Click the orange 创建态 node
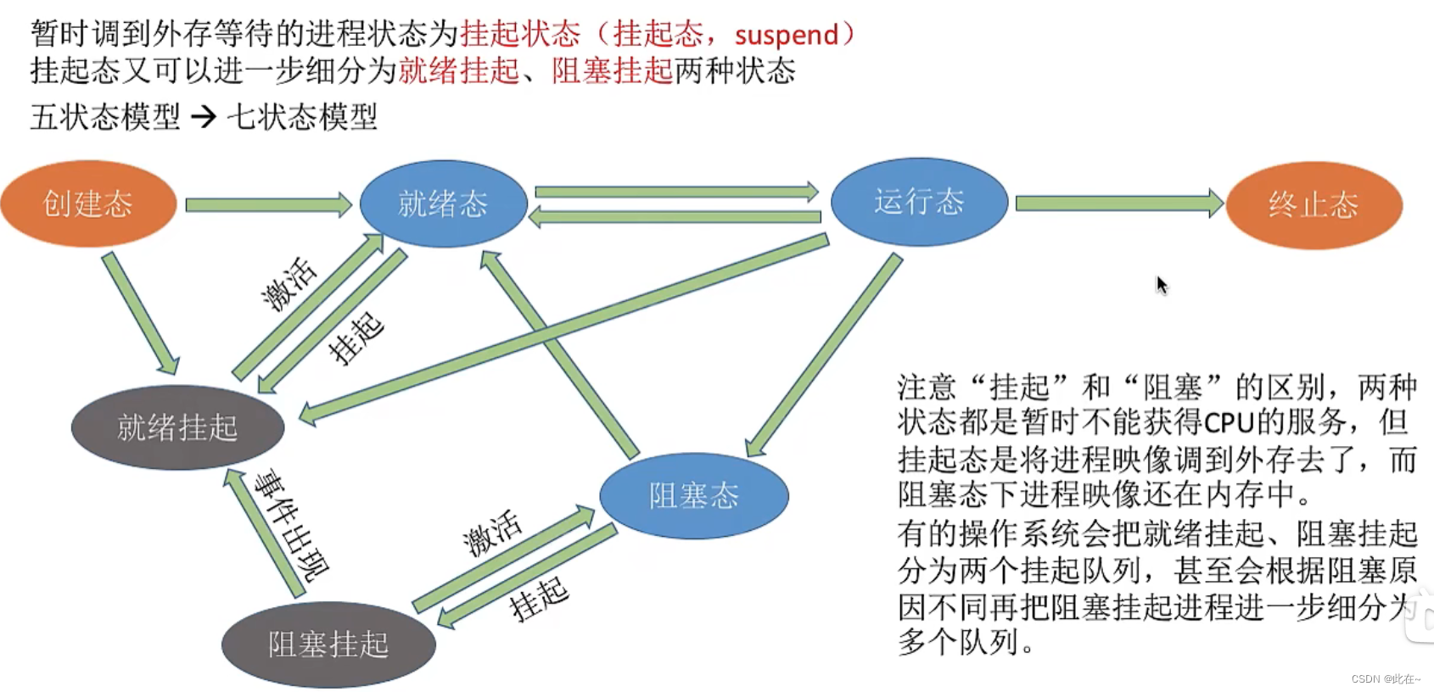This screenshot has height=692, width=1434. click(88, 204)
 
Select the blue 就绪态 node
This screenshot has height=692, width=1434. click(443, 204)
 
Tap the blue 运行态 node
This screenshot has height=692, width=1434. click(919, 202)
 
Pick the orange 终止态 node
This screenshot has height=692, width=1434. click(1314, 205)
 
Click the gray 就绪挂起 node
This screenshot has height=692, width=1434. click(177, 427)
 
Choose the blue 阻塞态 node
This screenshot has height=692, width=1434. click(693, 495)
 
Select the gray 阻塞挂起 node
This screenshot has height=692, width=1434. click(328, 645)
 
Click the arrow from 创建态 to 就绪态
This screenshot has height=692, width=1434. click(267, 204)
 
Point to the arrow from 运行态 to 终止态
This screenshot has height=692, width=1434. click(1118, 204)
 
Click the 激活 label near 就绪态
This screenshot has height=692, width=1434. click(289, 284)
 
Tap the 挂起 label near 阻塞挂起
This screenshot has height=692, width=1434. click(539, 599)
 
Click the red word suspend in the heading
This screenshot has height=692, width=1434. click(786, 36)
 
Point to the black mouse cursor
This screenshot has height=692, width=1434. click(1161, 284)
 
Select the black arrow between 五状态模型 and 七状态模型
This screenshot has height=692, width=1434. click(204, 116)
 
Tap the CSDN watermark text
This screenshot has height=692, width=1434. click(1385, 679)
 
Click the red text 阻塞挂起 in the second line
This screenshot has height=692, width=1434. click(612, 70)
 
